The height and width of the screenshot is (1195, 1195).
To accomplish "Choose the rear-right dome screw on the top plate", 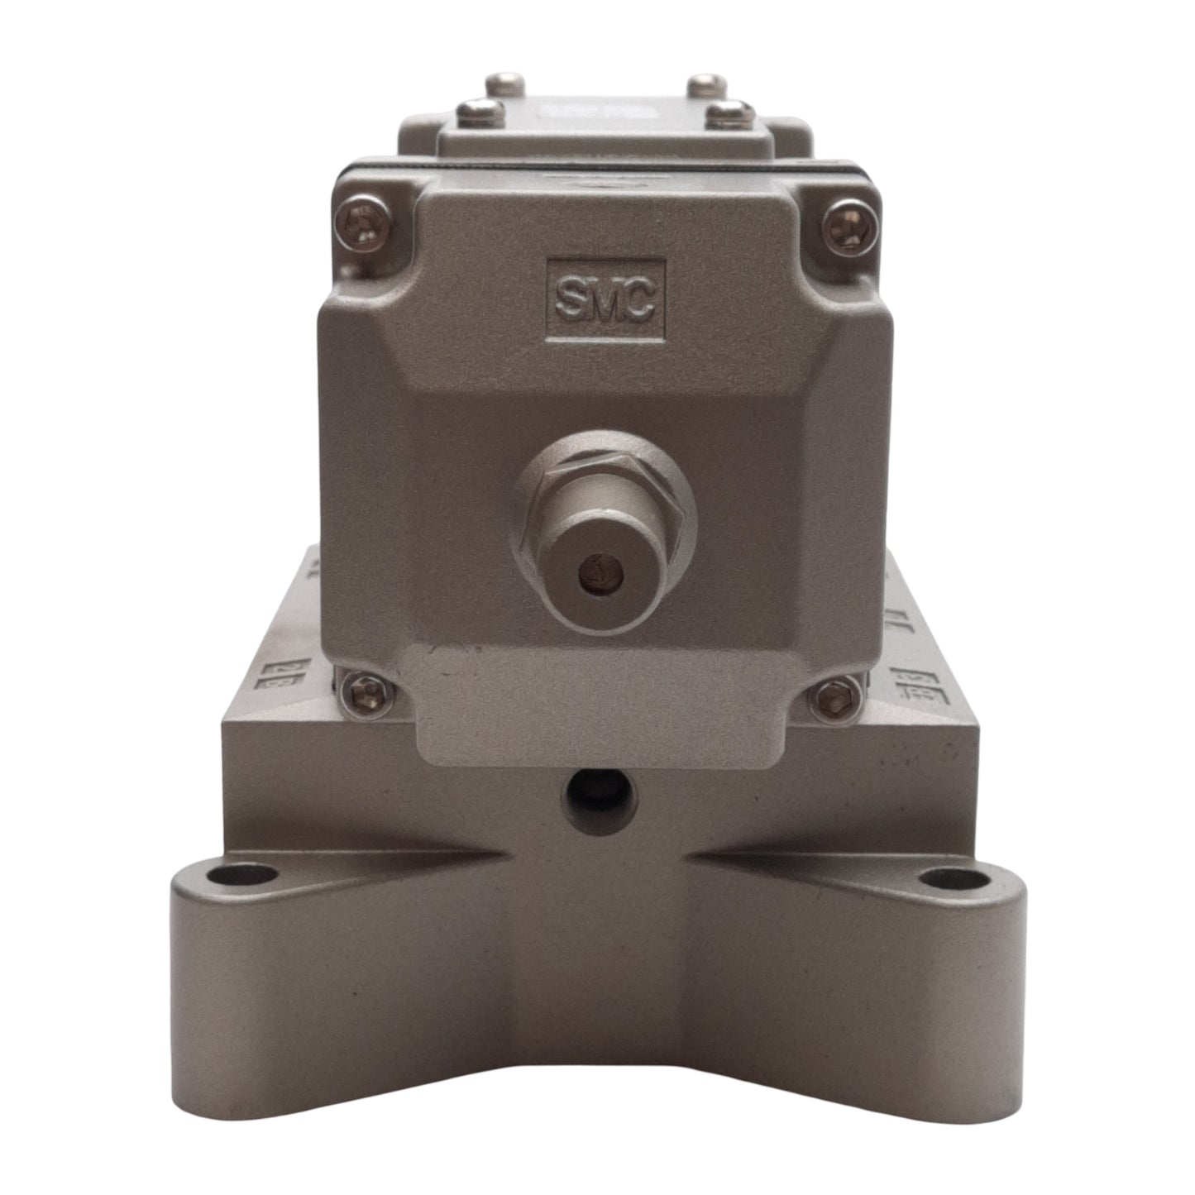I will point(707,84).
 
